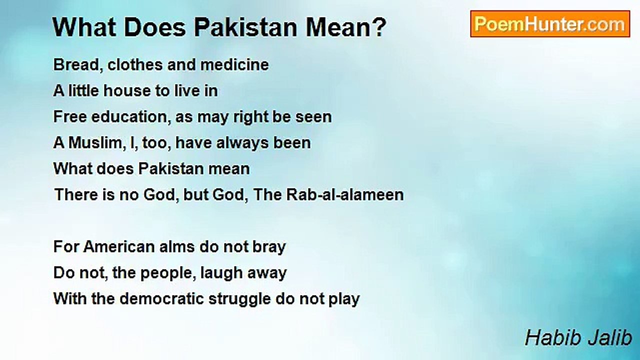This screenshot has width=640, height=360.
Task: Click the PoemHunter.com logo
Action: pos(549,24)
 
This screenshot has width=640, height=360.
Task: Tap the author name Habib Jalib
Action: pos(578,338)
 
